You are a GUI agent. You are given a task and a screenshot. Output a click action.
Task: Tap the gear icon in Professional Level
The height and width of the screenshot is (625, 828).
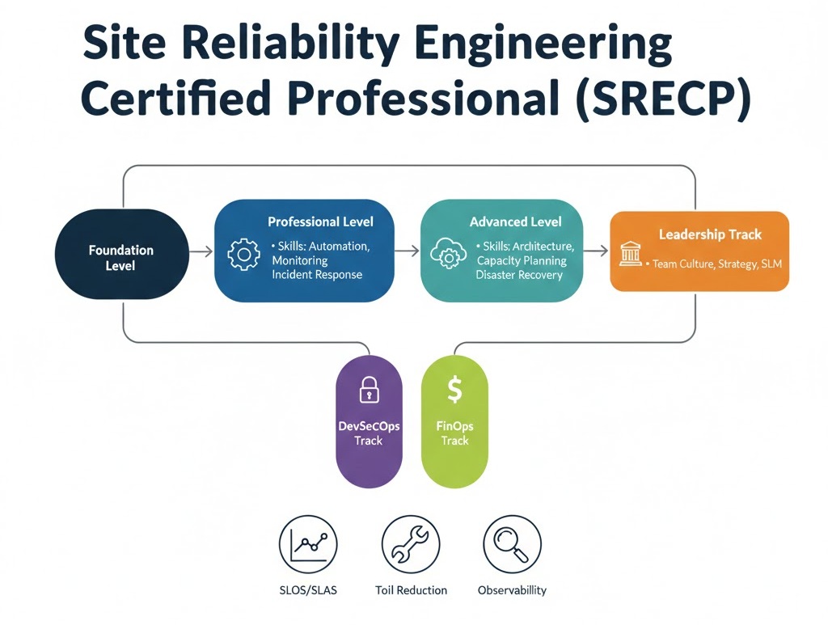243,255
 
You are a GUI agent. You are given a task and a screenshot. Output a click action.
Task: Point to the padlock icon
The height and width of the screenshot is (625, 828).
369,389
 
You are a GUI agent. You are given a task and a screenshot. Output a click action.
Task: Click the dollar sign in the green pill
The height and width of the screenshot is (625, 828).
454,391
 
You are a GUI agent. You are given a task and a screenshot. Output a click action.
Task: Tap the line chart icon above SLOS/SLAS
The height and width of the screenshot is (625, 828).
307,544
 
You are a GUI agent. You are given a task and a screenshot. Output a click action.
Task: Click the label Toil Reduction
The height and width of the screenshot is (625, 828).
411,590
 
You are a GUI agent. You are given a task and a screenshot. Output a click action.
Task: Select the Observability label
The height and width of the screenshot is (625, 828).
512,590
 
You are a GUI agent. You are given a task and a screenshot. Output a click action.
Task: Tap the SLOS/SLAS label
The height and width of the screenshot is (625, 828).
307,590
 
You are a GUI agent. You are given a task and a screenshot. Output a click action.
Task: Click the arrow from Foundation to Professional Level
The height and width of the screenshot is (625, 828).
201,252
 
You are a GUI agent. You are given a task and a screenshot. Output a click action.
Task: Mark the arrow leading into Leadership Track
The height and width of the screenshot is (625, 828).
595,252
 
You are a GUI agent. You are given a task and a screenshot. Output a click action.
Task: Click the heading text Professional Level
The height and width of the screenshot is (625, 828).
320,222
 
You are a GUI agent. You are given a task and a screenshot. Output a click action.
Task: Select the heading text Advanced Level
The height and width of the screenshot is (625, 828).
515,222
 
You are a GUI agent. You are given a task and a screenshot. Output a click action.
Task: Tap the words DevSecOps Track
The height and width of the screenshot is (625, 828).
369,433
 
